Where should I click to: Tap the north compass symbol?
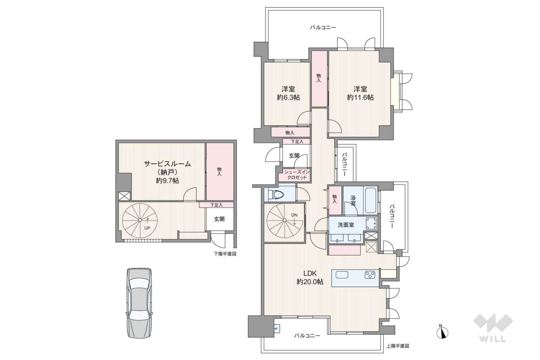(x=442, y=333)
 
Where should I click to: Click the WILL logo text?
(x=493, y=339)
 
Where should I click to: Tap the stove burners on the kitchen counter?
(x=370, y=275)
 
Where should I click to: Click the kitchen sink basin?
(x=342, y=275)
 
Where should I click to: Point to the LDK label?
(x=310, y=273)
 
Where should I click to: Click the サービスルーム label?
(x=167, y=164)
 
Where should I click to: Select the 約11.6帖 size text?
(x=360, y=97)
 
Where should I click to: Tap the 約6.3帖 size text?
(x=288, y=97)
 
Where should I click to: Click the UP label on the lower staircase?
(x=147, y=228)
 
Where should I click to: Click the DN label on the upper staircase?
(x=294, y=215)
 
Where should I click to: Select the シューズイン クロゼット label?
(x=297, y=175)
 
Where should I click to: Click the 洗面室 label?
(x=346, y=225)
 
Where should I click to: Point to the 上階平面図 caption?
(x=398, y=346)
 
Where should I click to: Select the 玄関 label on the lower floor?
(x=219, y=219)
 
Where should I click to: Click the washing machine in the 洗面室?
(x=371, y=223)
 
